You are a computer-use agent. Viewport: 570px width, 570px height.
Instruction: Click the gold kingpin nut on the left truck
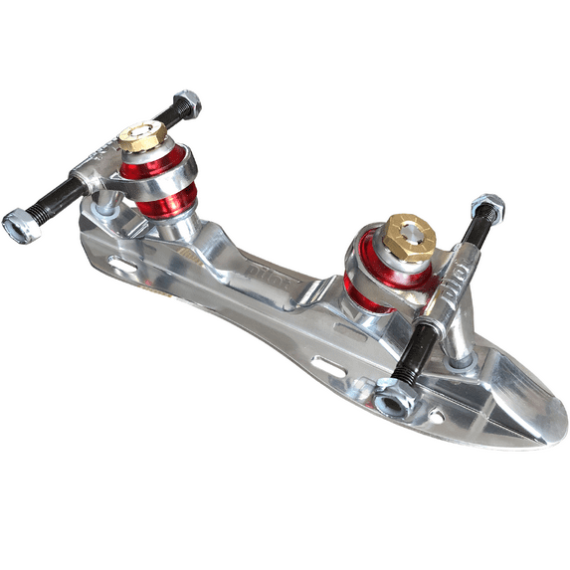[142, 136]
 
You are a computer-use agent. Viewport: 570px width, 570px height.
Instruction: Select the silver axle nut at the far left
[22, 226]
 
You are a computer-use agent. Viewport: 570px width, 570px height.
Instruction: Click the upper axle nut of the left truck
[186, 102]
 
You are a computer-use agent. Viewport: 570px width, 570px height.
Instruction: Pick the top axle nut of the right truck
[487, 208]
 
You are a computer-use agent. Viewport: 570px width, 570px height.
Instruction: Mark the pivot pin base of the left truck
[108, 204]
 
